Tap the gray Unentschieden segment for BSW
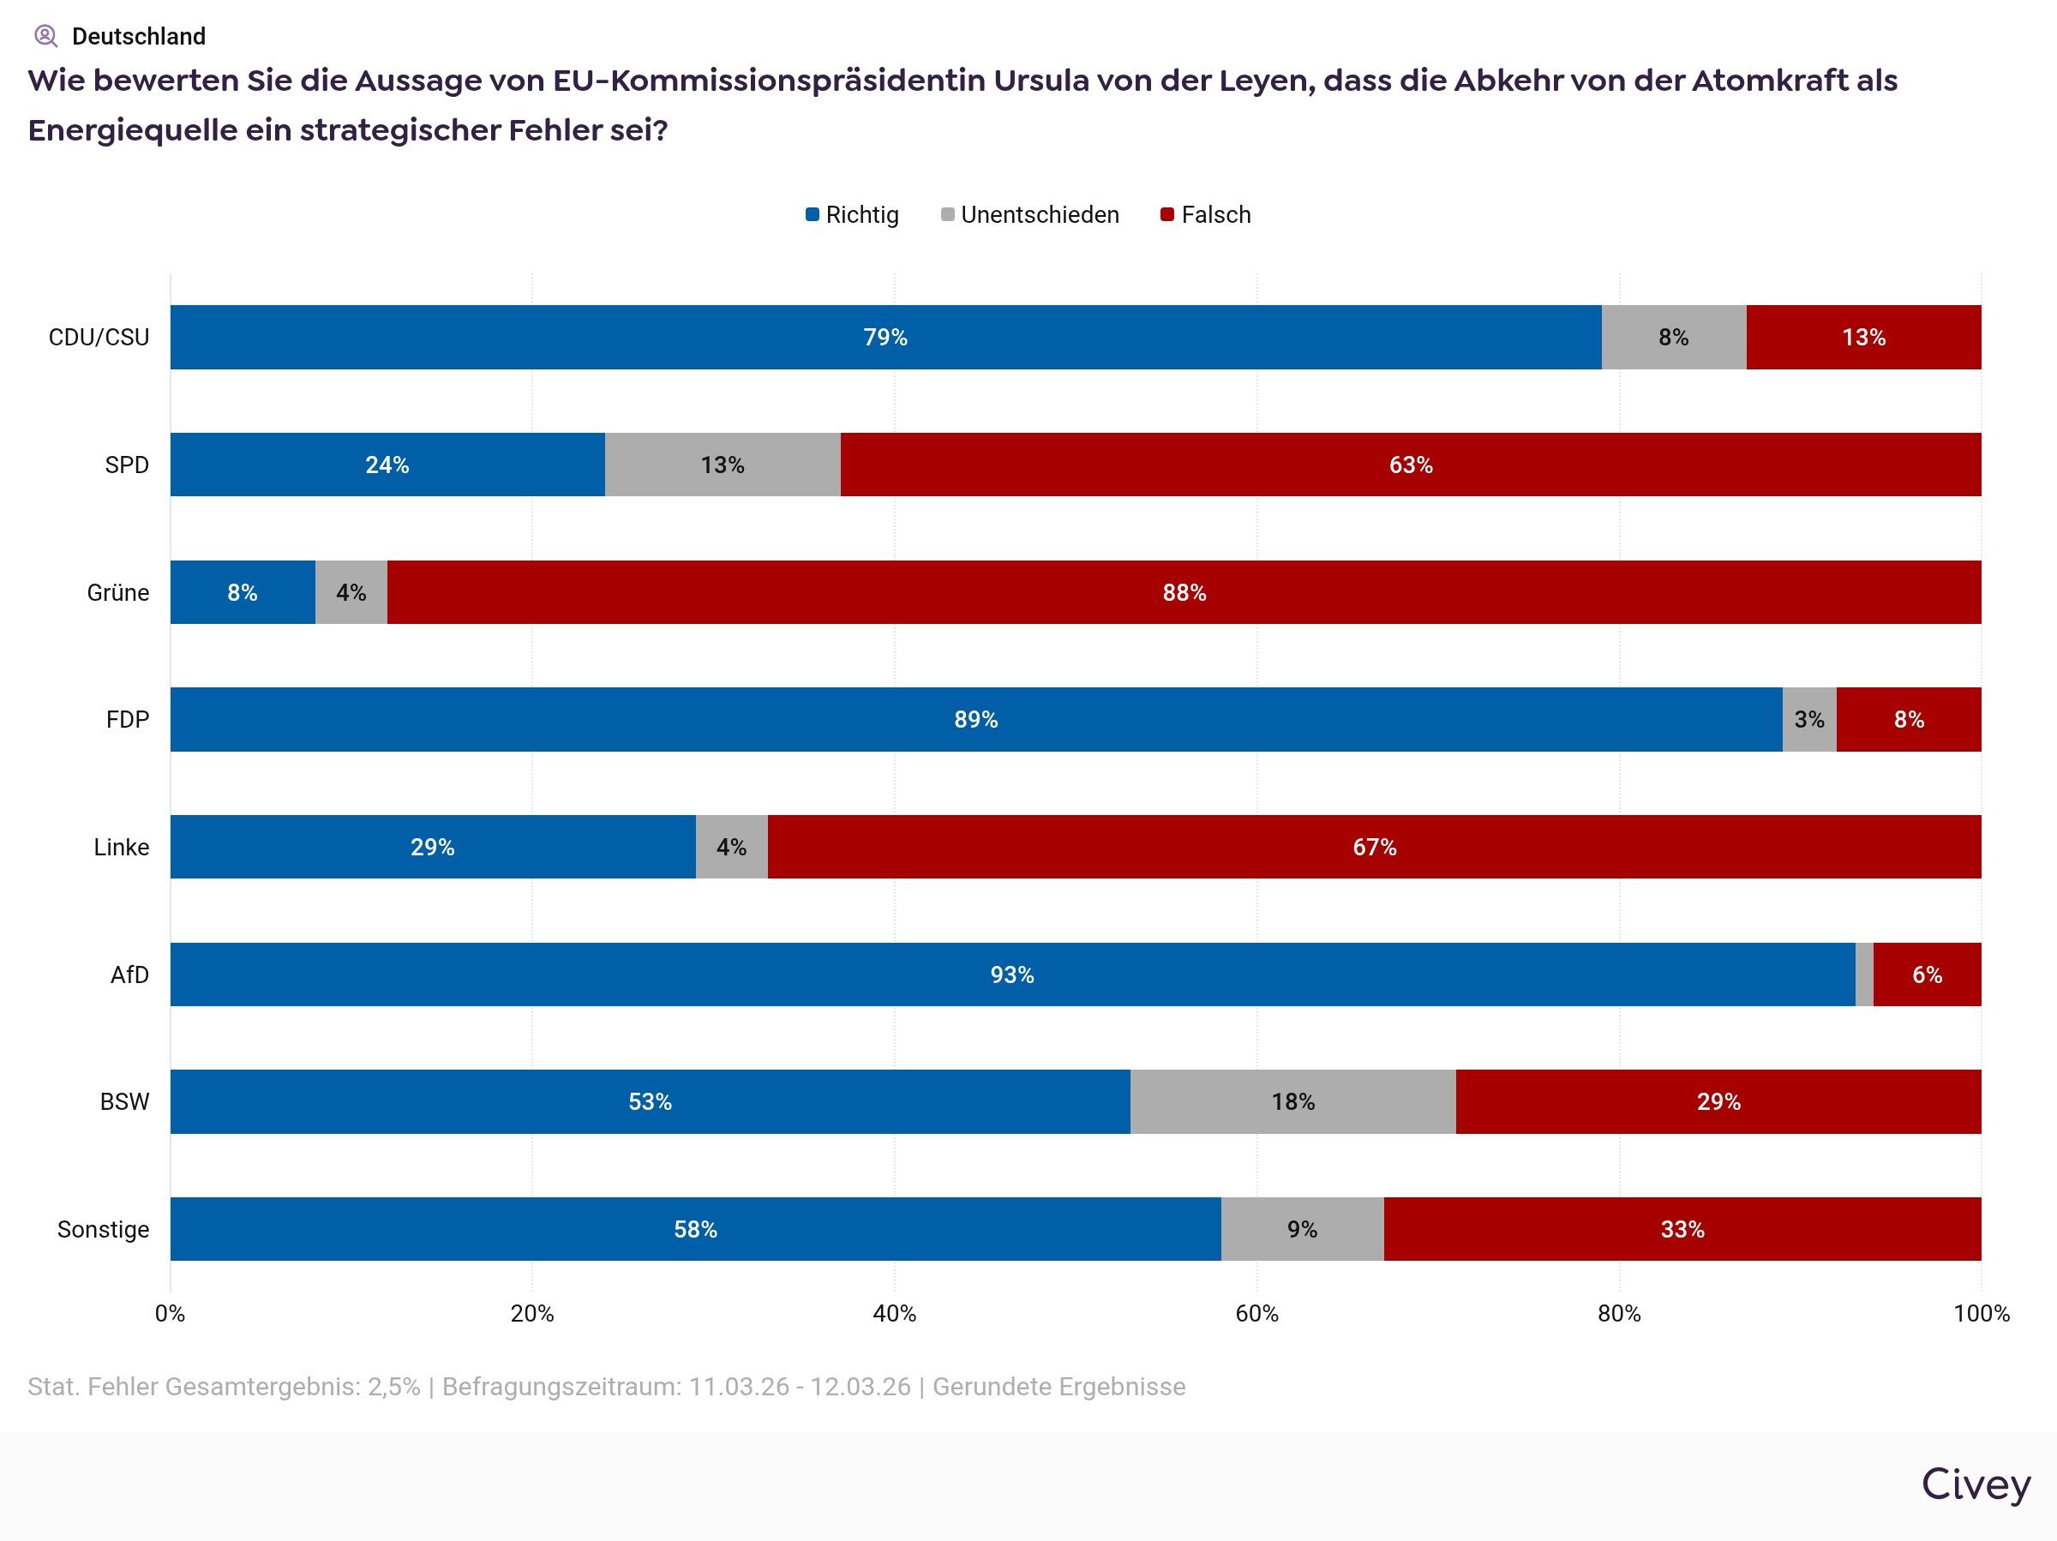click(x=1292, y=1102)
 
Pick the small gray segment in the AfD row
click(x=1863, y=974)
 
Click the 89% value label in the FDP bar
click(x=975, y=720)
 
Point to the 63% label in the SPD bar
click(x=1411, y=465)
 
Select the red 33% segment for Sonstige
click(x=1682, y=1229)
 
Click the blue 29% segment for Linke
click(x=433, y=848)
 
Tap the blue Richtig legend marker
click(x=812, y=215)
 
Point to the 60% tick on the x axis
click(x=1256, y=1313)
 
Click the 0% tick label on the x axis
click(x=171, y=1313)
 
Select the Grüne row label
click(x=118, y=592)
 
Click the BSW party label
click(x=124, y=1102)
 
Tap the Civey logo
click(x=1976, y=1484)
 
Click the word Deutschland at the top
click(x=139, y=36)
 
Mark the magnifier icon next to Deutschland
click(x=45, y=36)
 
